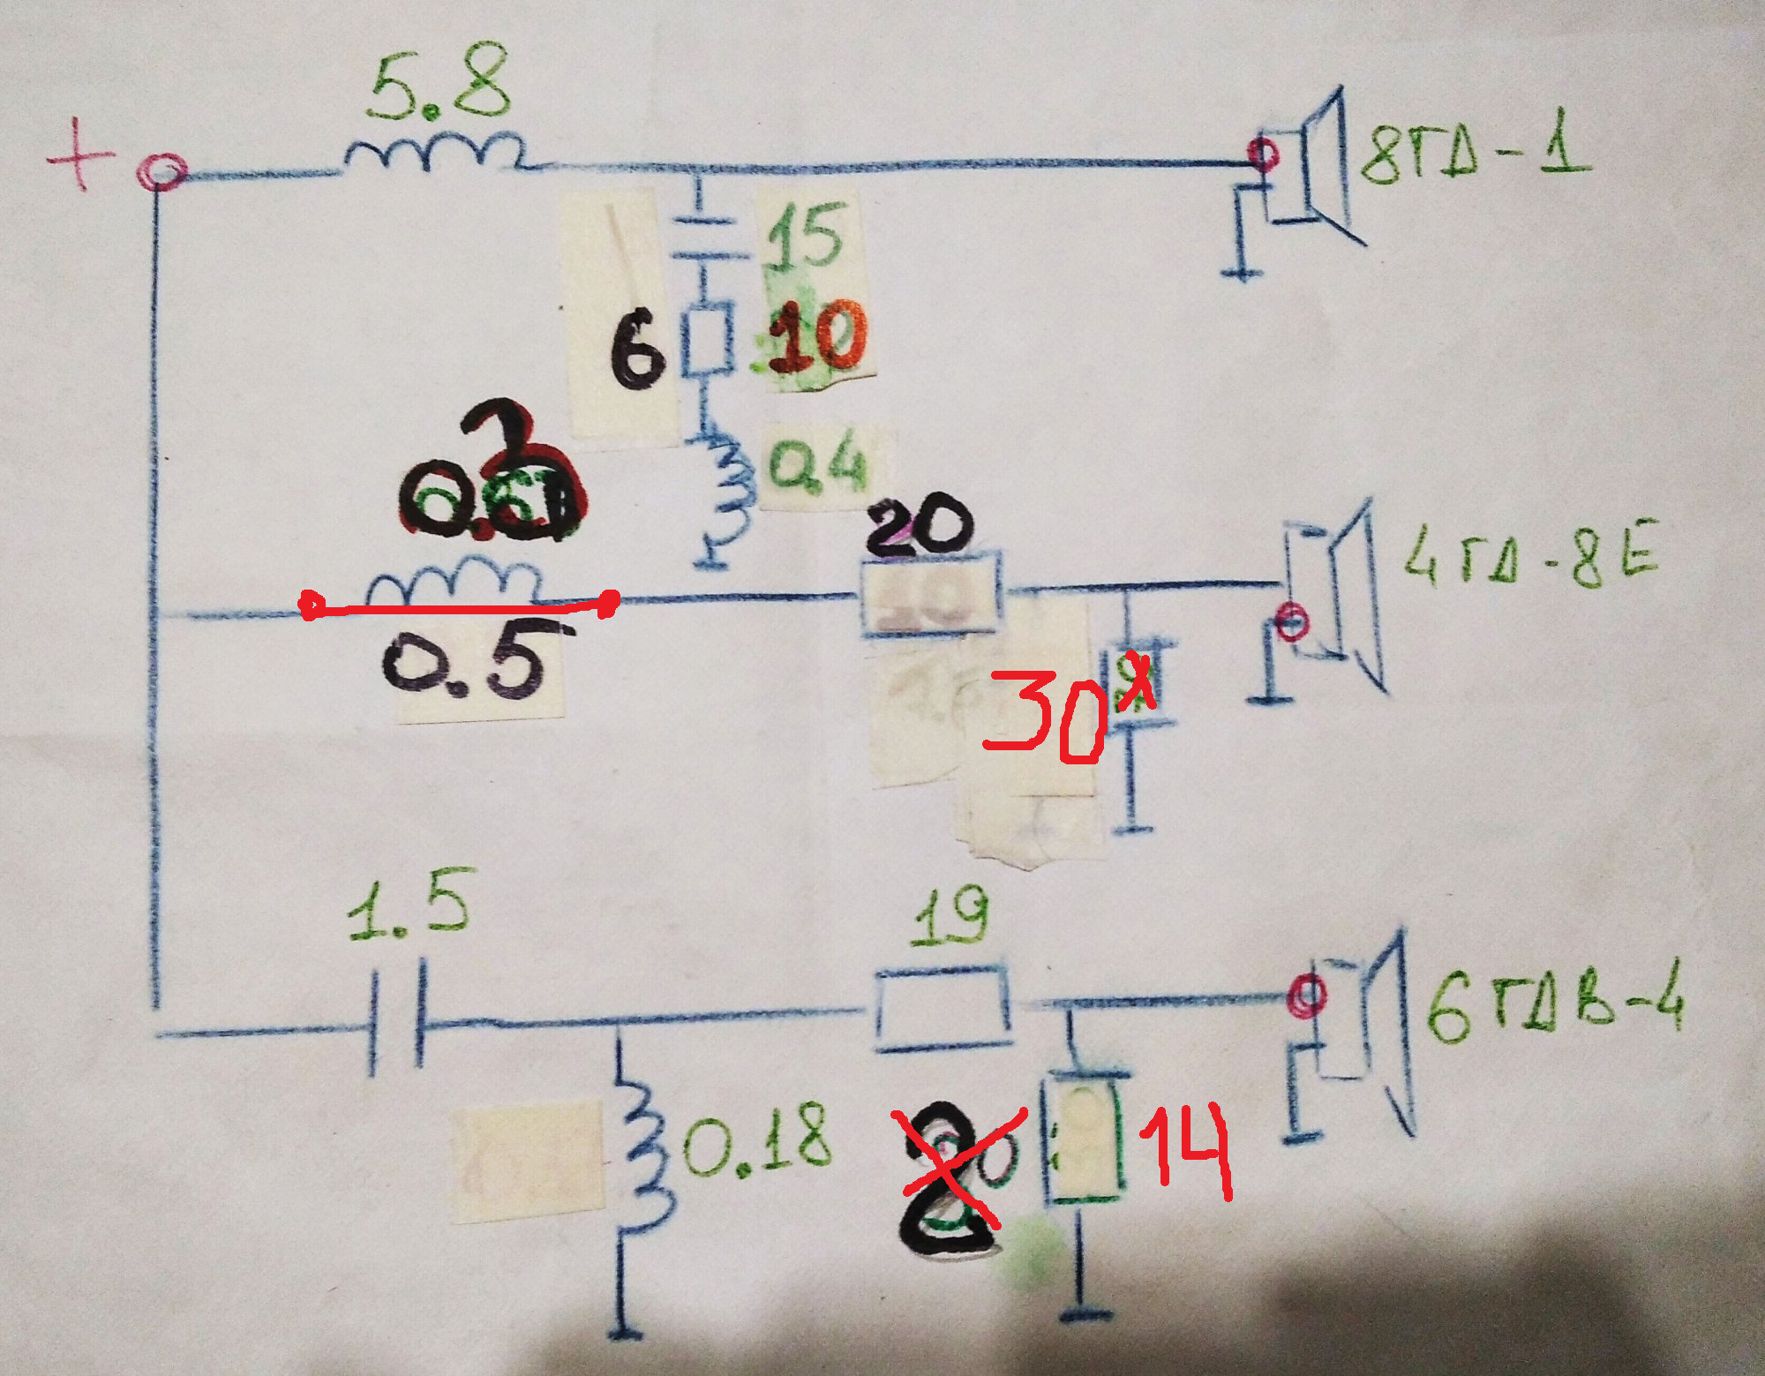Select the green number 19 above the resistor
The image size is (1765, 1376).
click(x=950, y=918)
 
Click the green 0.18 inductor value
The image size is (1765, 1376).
click(x=757, y=1140)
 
